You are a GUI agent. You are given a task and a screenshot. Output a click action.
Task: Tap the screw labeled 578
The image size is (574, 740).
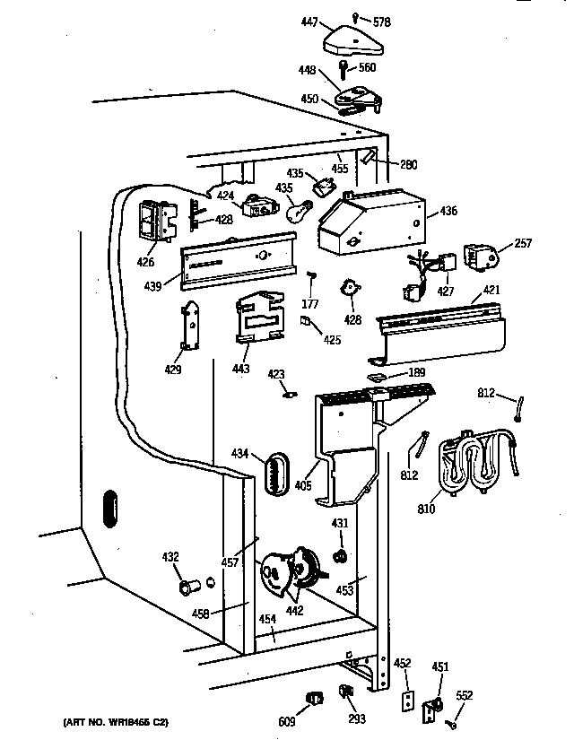click(357, 15)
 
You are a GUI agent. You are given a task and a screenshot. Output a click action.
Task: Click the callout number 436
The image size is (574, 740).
click(448, 212)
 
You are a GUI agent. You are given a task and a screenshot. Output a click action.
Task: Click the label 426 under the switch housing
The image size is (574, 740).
click(145, 263)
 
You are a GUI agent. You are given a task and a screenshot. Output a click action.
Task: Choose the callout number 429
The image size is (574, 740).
click(172, 370)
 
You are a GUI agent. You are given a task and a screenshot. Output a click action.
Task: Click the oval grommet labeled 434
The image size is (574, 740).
click(275, 472)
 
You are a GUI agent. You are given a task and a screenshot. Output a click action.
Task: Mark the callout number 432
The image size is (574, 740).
click(170, 558)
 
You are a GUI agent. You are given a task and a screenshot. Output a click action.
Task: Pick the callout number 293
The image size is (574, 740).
click(357, 719)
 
